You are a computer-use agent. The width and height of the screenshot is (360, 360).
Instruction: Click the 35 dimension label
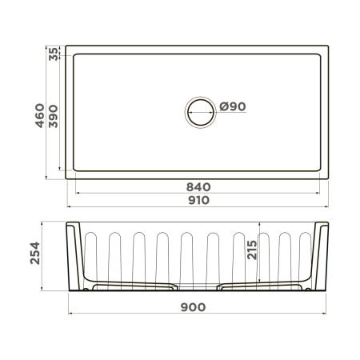(x=54, y=54)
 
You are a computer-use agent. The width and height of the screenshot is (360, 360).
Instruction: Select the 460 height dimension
(x=38, y=112)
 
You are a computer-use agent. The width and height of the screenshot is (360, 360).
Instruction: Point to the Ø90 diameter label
(x=231, y=108)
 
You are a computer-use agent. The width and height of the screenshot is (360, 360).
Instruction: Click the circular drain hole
(x=199, y=110)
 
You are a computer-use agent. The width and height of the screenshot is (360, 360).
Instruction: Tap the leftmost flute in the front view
(x=90, y=256)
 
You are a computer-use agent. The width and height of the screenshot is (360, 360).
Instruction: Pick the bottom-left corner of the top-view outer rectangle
(x=66, y=178)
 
